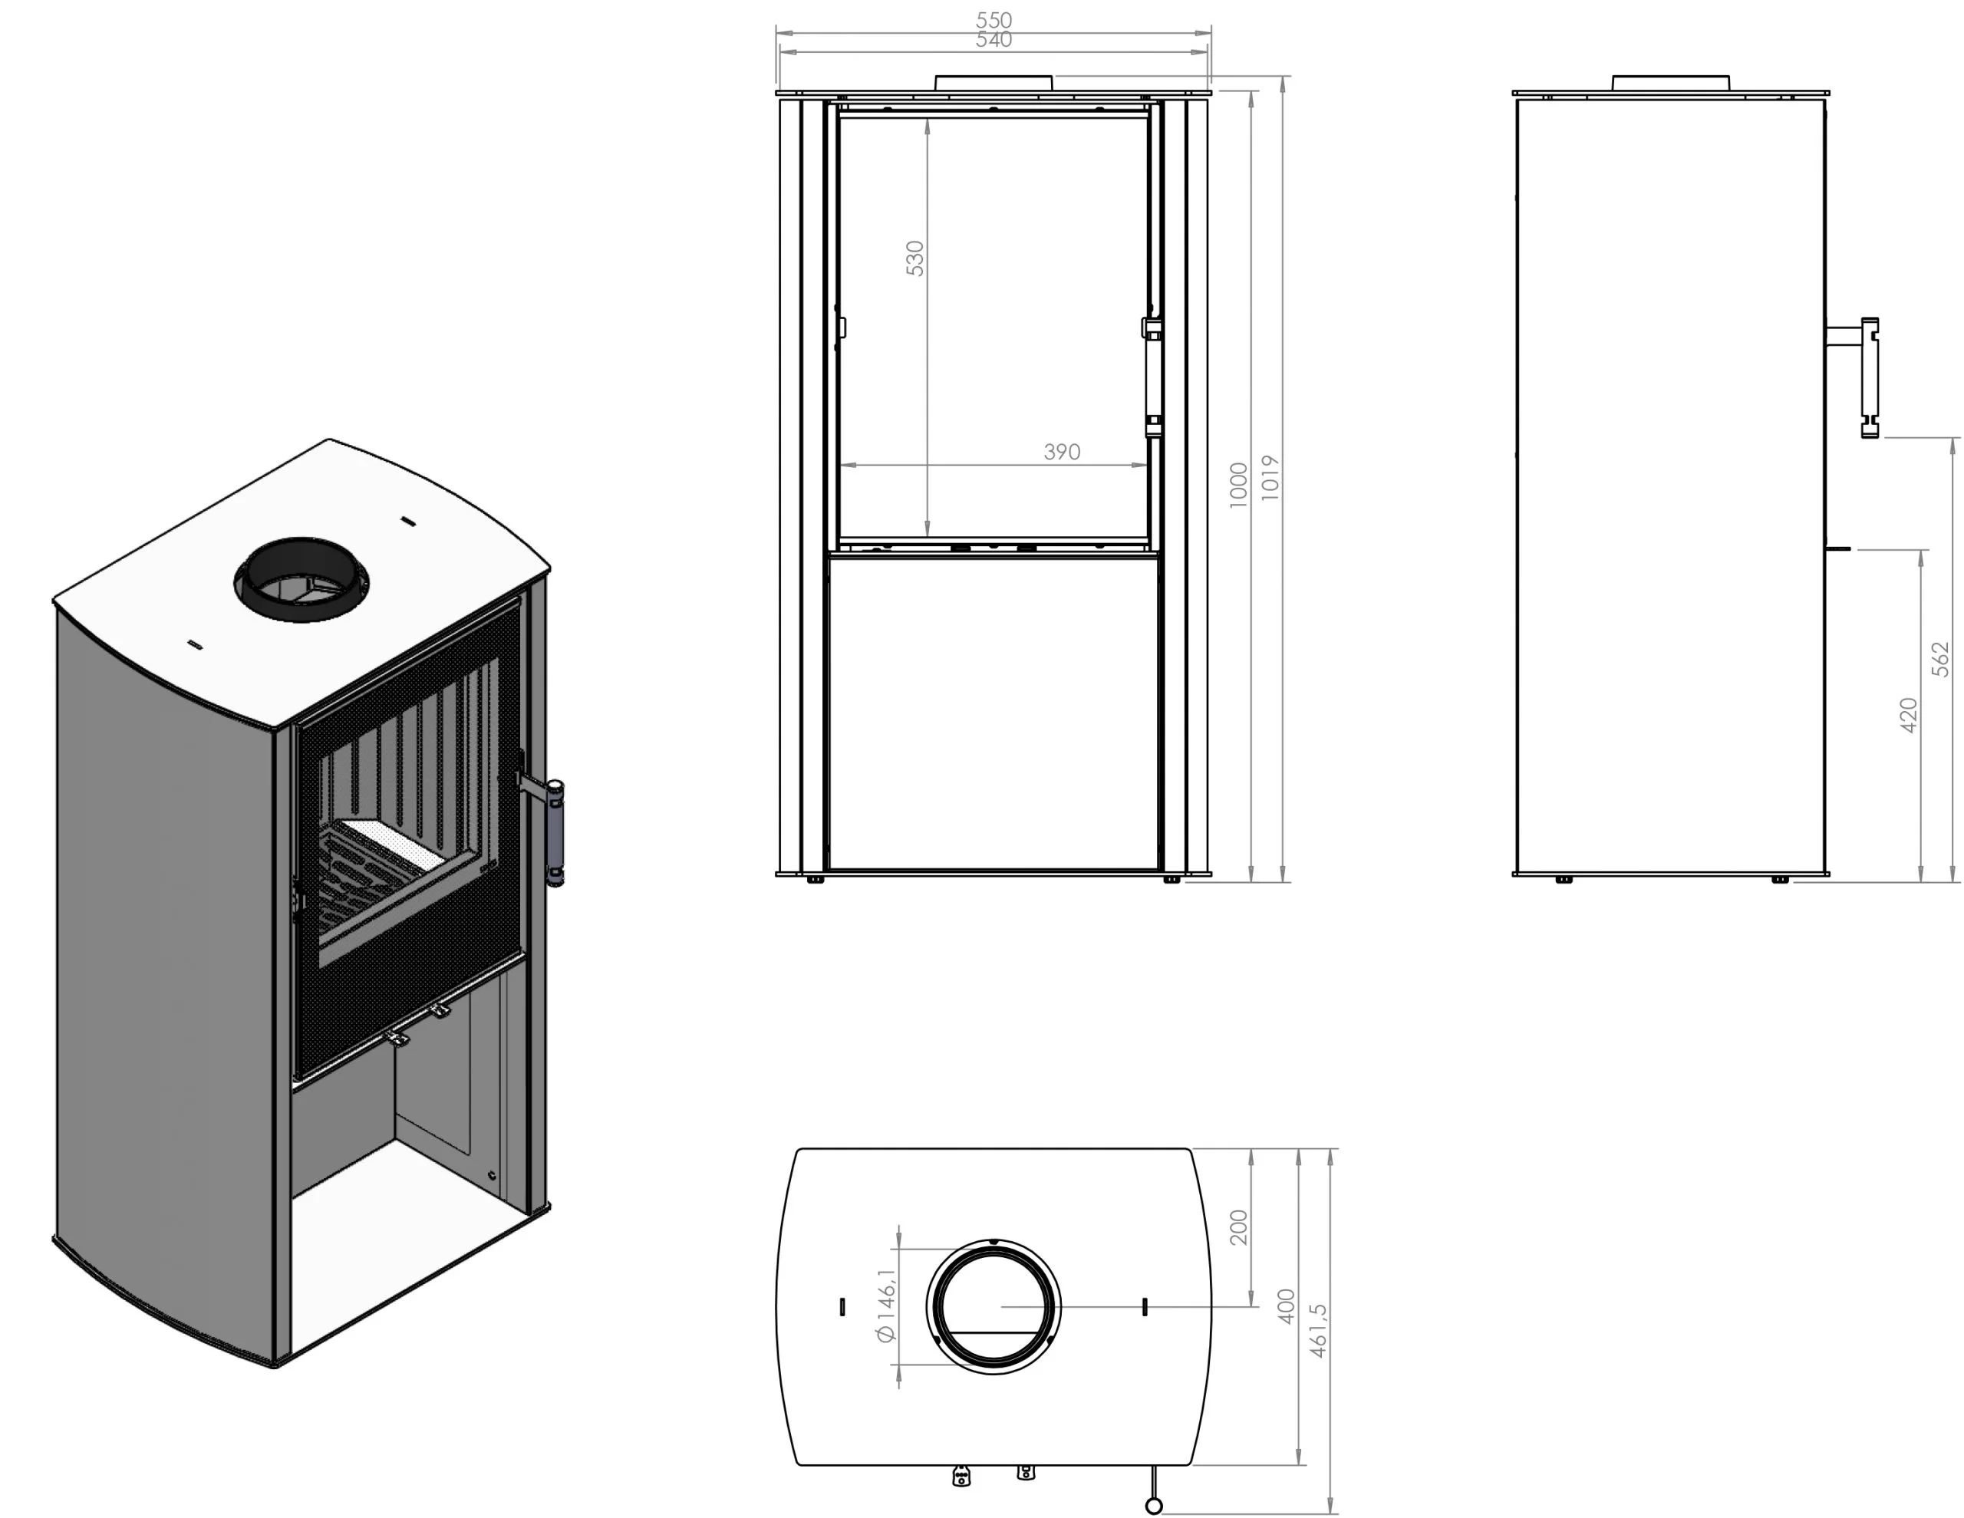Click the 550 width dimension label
point(994,19)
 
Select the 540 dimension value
point(994,40)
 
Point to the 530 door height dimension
point(914,258)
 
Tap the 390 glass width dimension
point(1062,452)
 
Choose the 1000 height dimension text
point(1238,485)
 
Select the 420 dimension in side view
point(1908,715)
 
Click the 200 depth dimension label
point(1238,1227)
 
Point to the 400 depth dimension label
point(1286,1306)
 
